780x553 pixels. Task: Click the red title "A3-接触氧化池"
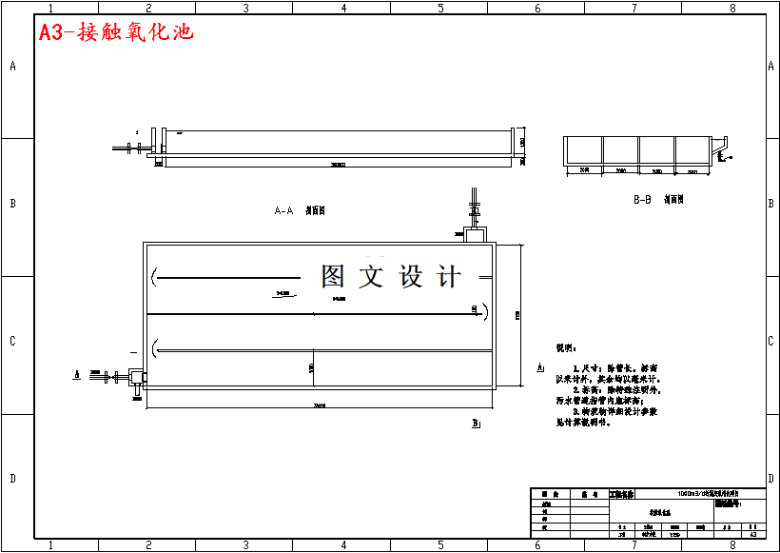[x=116, y=32]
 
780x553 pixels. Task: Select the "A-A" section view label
[x=283, y=210]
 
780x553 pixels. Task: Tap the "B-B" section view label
[x=642, y=200]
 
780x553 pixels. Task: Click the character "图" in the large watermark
[x=333, y=276]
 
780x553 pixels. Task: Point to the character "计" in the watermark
[x=448, y=276]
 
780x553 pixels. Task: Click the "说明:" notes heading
[x=566, y=349]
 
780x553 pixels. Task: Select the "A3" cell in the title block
[x=752, y=535]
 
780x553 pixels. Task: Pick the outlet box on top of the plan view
[x=475, y=232]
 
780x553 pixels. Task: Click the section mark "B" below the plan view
[x=475, y=423]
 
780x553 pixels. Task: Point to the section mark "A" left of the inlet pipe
[x=75, y=375]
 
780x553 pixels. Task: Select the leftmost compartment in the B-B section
[x=584, y=150]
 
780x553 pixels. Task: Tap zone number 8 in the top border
[x=731, y=8]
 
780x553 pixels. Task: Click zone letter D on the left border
[x=12, y=479]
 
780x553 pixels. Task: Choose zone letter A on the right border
[x=770, y=66]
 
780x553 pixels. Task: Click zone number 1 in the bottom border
[x=50, y=545]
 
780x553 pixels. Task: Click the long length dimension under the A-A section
[x=338, y=166]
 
